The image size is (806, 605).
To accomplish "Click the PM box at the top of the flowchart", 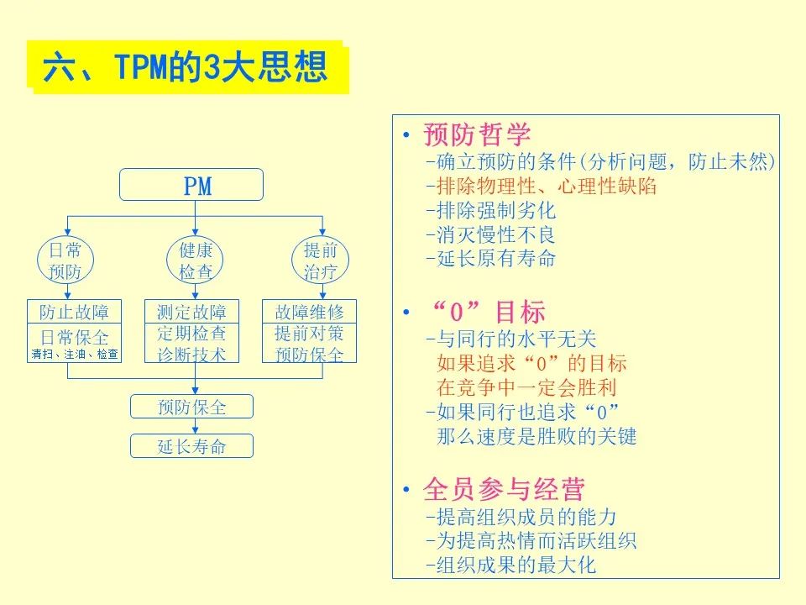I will tap(191, 185).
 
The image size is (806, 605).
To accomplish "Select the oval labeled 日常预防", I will tap(65, 260).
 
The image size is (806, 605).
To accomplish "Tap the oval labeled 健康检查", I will tap(196, 260).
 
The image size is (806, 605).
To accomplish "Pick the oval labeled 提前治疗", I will tap(321, 260).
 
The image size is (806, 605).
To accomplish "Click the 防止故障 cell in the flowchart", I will tap(74, 312).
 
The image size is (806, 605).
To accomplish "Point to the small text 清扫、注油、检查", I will tap(74, 355).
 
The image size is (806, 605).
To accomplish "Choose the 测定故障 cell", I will tap(191, 312).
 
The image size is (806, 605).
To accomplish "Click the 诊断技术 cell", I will tap(191, 354).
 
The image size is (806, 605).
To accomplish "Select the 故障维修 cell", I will tap(309, 312).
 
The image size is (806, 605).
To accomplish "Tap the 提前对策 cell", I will tap(309, 333).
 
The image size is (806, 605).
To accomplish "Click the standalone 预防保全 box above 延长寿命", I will tap(191, 407).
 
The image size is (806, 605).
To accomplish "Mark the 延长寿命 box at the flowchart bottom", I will tap(191, 445).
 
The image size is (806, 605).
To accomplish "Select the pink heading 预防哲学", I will tap(477, 134).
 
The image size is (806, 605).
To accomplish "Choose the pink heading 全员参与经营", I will tap(504, 489).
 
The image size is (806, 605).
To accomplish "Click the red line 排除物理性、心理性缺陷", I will tap(541, 186).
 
